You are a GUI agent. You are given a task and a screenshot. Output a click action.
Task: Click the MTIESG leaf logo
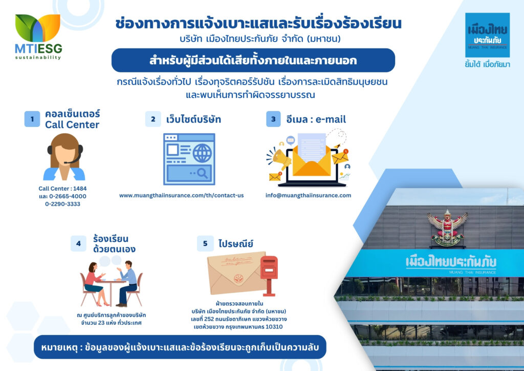38,28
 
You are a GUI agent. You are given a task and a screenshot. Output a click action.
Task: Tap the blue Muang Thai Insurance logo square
487,35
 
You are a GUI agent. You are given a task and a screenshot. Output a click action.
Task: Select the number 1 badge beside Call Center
32,119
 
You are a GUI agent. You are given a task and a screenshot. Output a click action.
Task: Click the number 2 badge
153,119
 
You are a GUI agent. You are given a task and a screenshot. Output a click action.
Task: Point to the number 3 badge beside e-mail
273,119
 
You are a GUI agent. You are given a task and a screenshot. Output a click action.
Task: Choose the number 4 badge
78,243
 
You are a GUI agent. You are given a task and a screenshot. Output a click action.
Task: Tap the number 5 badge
205,243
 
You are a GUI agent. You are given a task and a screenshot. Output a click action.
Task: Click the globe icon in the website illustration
202,153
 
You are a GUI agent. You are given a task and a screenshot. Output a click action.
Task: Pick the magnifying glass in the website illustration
203,173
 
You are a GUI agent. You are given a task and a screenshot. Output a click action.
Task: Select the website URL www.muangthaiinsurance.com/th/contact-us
182,195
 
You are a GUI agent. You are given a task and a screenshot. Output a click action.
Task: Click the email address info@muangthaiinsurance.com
308,195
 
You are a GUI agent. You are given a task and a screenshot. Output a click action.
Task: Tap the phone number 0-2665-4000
68,196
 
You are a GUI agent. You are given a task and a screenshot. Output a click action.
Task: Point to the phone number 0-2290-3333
62,204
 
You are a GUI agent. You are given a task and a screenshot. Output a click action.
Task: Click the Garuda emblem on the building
447,228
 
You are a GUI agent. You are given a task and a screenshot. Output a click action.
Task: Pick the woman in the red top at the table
95,284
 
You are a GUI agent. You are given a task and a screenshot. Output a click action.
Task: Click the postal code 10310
274,327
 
